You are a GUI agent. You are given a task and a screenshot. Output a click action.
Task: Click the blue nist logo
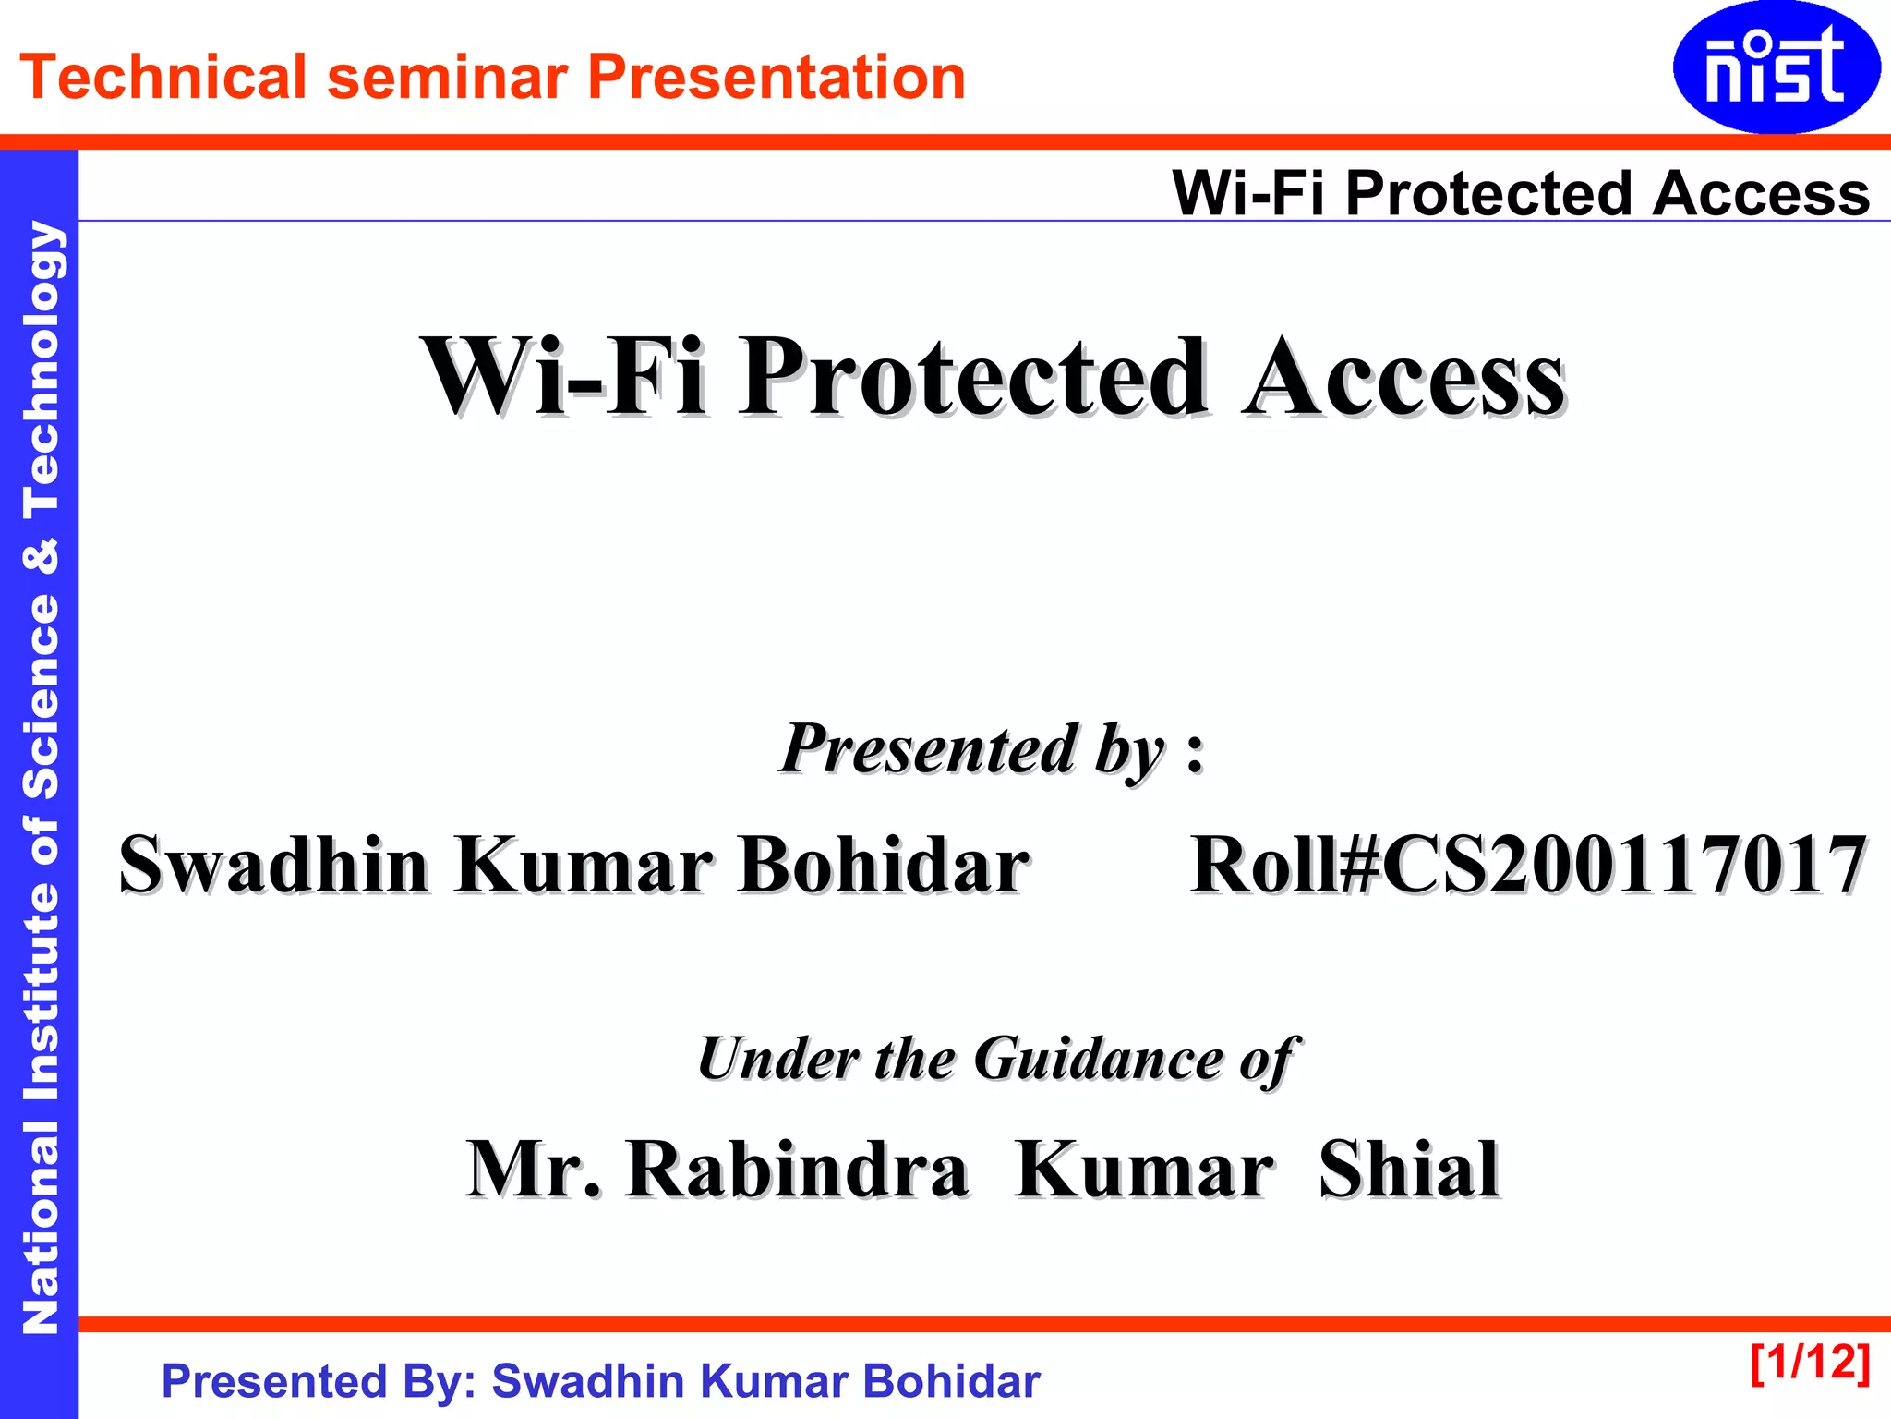(1776, 67)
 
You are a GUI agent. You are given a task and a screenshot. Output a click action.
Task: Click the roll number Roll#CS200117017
(1528, 866)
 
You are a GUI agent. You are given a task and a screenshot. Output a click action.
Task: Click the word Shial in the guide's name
(1409, 1170)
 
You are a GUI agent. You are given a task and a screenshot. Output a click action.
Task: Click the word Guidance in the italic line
(1099, 1059)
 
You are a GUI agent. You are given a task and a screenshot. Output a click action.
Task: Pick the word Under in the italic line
(777, 1059)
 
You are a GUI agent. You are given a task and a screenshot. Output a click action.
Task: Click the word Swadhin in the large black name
(274, 866)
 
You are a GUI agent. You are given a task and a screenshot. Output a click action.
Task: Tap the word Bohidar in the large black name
(884, 866)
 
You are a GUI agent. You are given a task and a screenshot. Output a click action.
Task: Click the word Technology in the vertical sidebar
(41, 370)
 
